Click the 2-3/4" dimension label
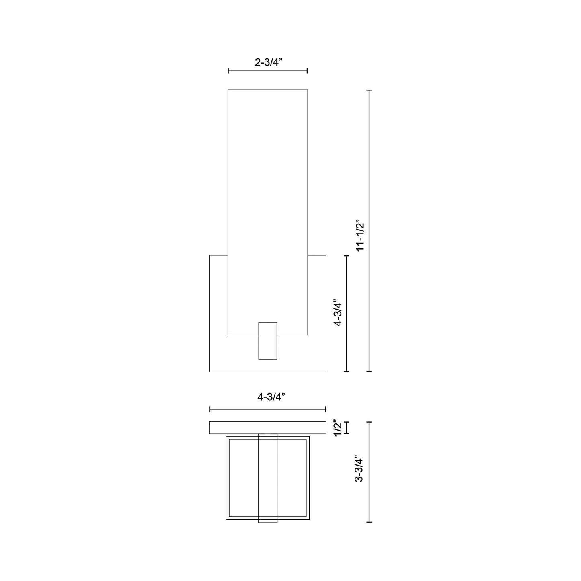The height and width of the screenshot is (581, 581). [x=268, y=62]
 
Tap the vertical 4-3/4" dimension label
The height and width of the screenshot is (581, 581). [x=338, y=313]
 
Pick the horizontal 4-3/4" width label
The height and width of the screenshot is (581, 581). [x=271, y=397]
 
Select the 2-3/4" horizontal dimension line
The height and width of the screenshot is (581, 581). [x=268, y=71]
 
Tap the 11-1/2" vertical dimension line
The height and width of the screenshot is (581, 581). [x=369, y=231]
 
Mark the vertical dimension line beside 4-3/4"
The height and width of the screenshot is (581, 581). [x=347, y=313]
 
